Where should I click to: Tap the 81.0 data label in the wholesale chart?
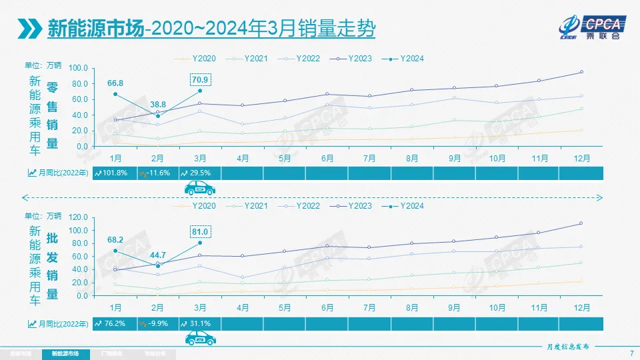point(200,231)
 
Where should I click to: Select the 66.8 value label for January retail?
point(115,83)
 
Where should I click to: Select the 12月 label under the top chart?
point(581,159)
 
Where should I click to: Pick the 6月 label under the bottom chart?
point(327,308)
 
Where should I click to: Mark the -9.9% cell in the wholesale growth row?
point(157,323)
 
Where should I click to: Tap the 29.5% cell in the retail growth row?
point(200,173)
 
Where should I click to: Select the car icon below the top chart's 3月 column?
point(199,189)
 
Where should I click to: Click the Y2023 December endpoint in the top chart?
point(581,72)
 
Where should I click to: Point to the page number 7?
point(631,353)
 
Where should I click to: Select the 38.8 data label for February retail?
point(157,105)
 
